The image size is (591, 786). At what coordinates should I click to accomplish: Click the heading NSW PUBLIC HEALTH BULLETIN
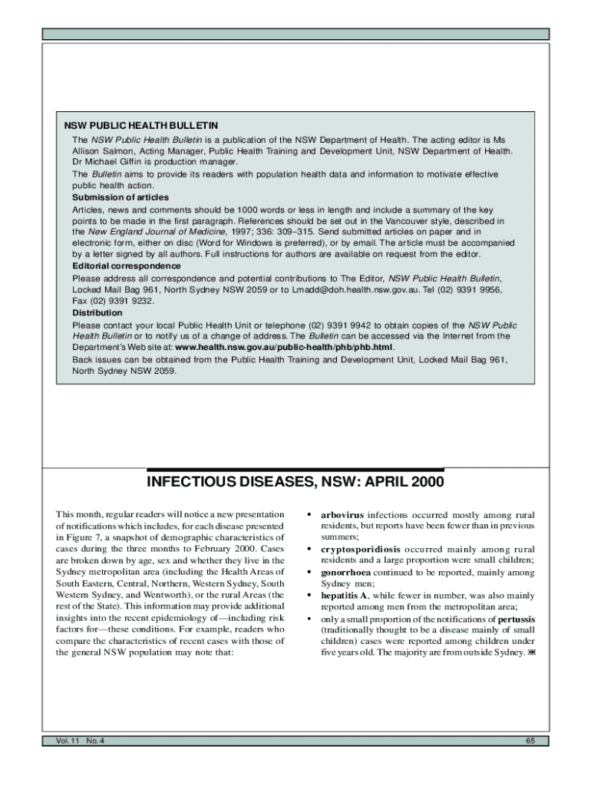tap(140, 125)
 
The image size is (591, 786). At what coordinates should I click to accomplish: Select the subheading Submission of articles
tap(121, 197)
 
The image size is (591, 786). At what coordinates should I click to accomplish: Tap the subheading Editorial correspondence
tap(127, 266)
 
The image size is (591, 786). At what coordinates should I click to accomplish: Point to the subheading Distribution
tap(97, 313)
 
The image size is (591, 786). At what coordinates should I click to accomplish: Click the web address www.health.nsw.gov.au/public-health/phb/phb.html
tap(285, 347)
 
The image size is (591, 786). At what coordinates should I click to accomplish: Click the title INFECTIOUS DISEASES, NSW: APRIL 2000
tap(295, 484)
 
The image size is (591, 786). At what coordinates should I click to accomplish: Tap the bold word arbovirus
tap(343, 514)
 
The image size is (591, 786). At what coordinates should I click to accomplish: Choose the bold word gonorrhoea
tap(347, 573)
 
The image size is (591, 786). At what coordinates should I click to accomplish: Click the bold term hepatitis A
tap(344, 595)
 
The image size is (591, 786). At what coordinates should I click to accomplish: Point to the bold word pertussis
tap(517, 619)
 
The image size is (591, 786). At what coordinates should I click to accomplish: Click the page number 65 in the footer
tap(530, 741)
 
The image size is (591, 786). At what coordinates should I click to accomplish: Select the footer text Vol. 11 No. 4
tap(79, 741)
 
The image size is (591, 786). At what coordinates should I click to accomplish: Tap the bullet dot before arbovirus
tap(309, 514)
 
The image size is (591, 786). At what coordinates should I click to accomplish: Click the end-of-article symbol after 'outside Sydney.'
tap(530, 653)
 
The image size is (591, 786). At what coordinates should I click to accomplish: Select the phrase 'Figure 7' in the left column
tap(87, 537)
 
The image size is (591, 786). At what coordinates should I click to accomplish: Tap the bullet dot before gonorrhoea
tap(309, 573)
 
